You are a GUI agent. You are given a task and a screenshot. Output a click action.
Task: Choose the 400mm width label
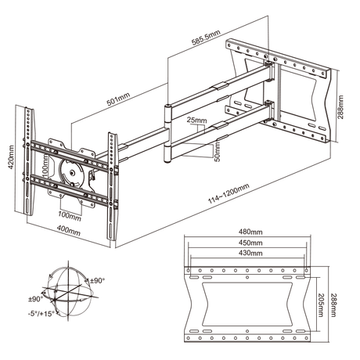[69, 231]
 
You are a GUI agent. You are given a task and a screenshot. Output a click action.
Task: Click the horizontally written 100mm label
[70, 215]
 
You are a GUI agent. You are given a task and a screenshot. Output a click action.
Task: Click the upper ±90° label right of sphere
[96, 280]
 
